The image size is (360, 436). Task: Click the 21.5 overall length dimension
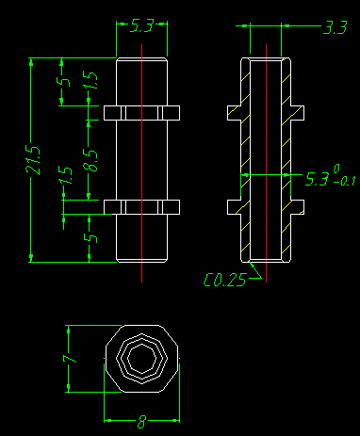click(x=33, y=160)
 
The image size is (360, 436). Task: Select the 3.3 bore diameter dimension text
click(x=335, y=27)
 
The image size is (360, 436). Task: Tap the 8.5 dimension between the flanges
click(x=90, y=160)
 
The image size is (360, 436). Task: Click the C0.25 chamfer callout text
click(x=224, y=280)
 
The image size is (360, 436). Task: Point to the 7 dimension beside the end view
click(x=71, y=359)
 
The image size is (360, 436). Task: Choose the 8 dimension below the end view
click(x=141, y=422)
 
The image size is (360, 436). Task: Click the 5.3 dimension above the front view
click(x=141, y=25)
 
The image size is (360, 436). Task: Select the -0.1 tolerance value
click(x=344, y=181)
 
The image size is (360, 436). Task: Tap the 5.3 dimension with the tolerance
click(x=318, y=179)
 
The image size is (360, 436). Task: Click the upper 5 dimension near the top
click(x=64, y=82)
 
